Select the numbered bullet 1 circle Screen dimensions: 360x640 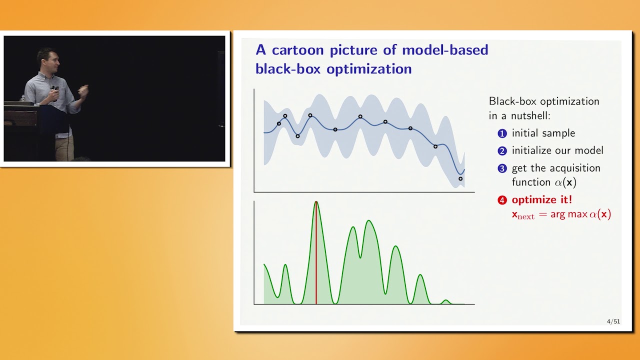click(502, 133)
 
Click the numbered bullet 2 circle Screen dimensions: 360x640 click(502, 151)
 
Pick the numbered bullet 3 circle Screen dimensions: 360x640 click(502, 168)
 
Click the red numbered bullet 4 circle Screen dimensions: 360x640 click(502, 200)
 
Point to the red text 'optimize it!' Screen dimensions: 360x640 click(542, 200)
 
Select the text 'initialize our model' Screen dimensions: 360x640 click(557, 150)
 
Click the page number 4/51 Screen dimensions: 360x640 click(613, 321)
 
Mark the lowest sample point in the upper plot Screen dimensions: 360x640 click(460, 178)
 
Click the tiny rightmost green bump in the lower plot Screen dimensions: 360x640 click(446, 301)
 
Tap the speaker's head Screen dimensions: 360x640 click(47, 59)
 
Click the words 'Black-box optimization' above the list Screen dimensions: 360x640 click(544, 101)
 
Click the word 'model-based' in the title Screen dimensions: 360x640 click(445, 50)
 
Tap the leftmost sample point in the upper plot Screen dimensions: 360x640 click(279, 123)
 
